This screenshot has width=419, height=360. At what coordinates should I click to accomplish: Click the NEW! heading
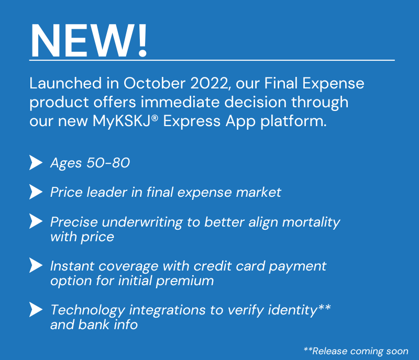89,40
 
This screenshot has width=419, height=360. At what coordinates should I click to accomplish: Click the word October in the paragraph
154,83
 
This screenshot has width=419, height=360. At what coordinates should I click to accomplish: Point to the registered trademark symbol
155,118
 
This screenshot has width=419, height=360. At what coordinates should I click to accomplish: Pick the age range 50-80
108,163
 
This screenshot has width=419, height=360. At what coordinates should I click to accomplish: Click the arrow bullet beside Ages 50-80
36,163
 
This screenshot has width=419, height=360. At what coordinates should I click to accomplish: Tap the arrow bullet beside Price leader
36,192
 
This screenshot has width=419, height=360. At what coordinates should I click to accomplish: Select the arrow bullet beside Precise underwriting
36,221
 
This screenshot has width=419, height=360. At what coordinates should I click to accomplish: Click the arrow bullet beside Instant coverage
36,265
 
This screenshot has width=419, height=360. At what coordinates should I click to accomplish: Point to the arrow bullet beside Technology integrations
36,310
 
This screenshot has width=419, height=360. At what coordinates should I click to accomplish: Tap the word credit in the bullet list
208,266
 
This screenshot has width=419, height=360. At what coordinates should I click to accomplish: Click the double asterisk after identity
324,307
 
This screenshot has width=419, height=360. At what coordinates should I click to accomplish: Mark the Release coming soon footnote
356,351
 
